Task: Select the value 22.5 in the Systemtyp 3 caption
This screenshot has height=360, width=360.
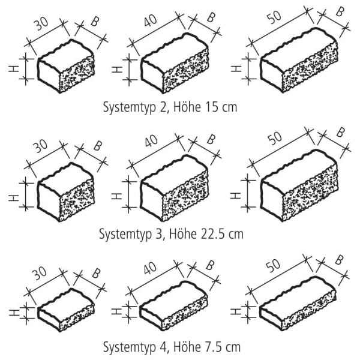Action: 212,233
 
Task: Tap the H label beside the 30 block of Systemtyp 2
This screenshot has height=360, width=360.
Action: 14,68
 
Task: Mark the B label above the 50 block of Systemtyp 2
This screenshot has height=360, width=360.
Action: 340,12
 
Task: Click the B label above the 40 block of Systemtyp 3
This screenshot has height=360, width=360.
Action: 210,139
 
